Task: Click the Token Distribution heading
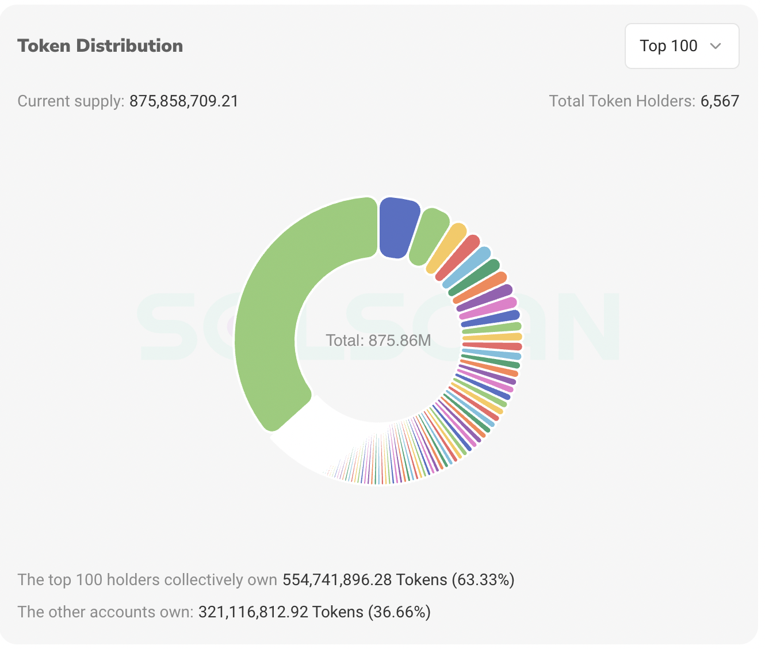coord(100,46)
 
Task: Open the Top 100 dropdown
coord(682,46)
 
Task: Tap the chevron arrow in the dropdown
coord(716,46)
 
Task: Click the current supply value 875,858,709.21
coord(183,101)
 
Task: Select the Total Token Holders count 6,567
coord(720,101)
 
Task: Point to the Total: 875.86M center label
coord(378,341)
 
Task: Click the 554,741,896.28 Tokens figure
coord(365,579)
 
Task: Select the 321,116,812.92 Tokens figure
coord(281,612)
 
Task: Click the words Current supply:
coord(71,101)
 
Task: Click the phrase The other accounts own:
coord(105,612)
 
